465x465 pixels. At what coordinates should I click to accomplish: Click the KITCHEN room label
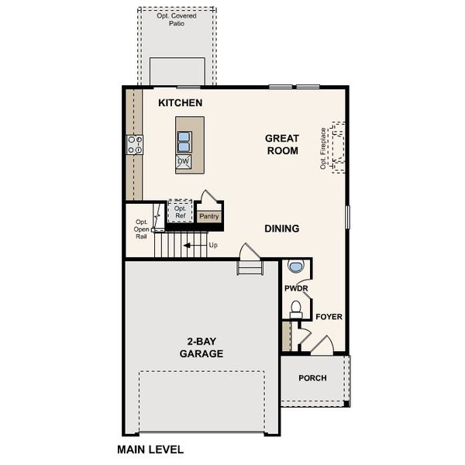180,103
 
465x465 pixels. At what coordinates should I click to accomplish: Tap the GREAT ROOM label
282,145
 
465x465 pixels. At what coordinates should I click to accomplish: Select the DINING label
281,229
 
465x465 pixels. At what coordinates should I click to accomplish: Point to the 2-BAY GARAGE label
201,347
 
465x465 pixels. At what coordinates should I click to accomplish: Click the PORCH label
313,378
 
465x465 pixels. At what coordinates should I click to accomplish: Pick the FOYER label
329,317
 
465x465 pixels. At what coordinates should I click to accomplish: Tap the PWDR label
296,288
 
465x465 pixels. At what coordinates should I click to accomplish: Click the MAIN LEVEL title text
150,449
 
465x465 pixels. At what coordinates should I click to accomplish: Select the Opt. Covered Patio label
177,19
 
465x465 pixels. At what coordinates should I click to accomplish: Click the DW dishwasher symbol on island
184,162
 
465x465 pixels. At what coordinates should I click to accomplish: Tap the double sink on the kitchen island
184,142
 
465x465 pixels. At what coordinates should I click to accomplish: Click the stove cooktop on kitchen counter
135,144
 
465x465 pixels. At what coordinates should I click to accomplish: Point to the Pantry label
209,217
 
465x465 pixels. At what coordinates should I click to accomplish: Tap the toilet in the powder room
294,309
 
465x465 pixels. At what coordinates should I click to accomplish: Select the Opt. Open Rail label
141,229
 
